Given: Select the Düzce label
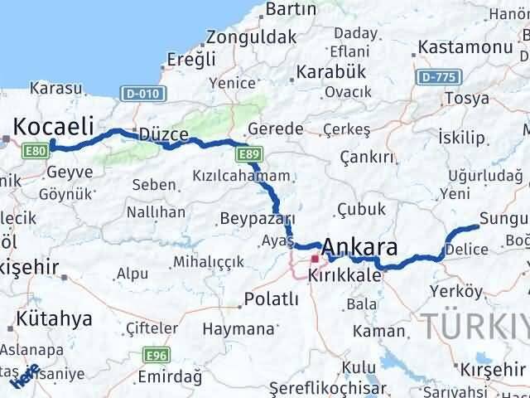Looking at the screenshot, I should pos(164,134).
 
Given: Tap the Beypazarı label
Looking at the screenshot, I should pos(258,219).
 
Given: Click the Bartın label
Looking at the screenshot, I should pos(291,9).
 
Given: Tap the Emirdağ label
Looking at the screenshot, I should pos(170,377).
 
